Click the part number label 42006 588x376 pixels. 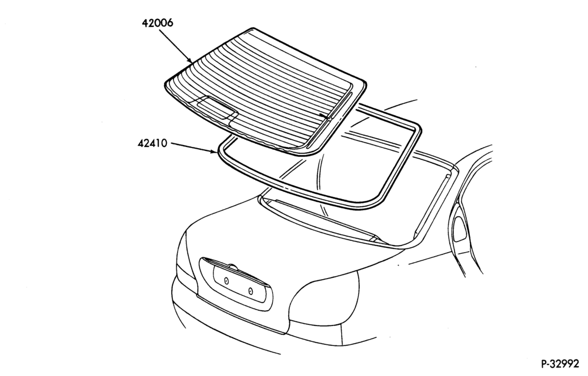(158, 23)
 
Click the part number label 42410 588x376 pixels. (152, 143)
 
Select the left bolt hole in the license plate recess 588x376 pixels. (226, 280)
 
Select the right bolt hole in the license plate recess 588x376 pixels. (250, 290)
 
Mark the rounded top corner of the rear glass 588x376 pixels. (253, 28)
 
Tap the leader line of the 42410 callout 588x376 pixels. (192, 147)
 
